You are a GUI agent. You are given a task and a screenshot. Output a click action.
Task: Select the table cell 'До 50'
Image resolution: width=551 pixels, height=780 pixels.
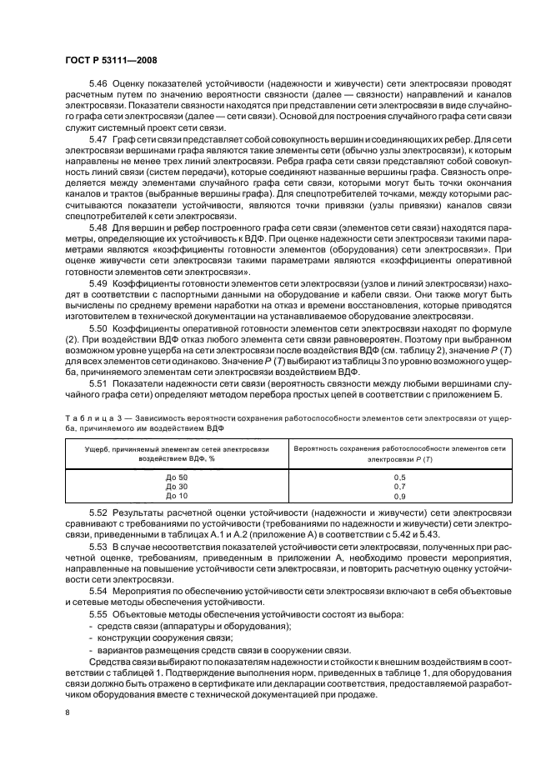(x=177, y=476)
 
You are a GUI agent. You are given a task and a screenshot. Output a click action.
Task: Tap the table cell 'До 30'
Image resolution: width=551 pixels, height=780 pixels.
(x=177, y=486)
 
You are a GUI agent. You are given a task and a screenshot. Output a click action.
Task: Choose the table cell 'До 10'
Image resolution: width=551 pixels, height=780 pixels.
(x=177, y=496)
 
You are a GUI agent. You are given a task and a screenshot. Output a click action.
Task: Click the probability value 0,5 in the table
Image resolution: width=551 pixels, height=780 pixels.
(x=400, y=476)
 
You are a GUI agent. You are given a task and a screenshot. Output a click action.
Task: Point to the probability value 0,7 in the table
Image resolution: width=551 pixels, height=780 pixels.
(x=400, y=486)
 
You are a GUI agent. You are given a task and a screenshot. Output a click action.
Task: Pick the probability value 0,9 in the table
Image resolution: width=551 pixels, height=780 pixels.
(x=400, y=496)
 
